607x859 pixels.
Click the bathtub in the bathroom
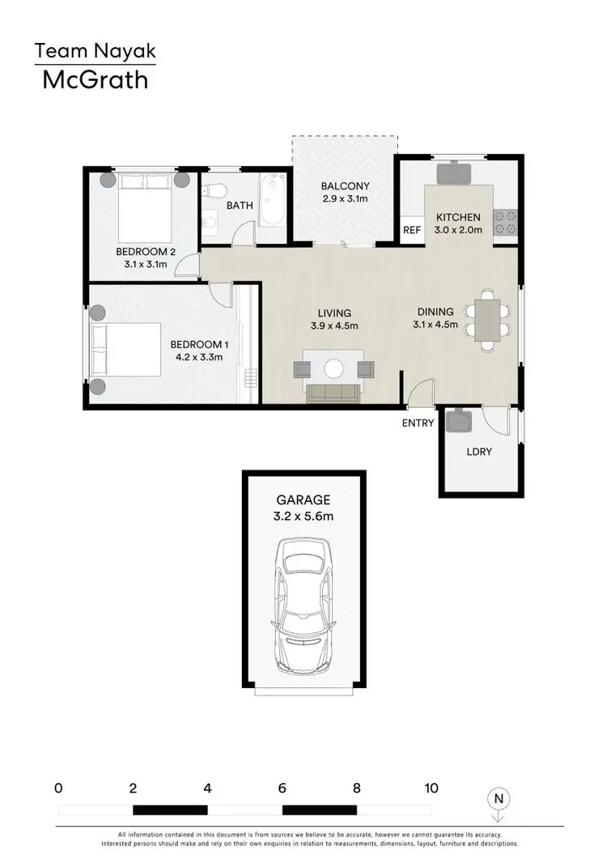pyautogui.click(x=270, y=205)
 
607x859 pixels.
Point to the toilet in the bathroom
pyautogui.click(x=214, y=193)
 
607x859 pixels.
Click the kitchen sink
pyautogui.click(x=454, y=173)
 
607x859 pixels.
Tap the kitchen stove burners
pyautogui.click(x=505, y=223)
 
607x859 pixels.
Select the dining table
pyautogui.click(x=486, y=321)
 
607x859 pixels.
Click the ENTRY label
pyautogui.click(x=418, y=423)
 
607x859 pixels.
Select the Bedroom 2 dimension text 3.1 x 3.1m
pyautogui.click(x=145, y=263)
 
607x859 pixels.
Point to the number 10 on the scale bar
pyautogui.click(x=431, y=788)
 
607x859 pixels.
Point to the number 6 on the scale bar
pyautogui.click(x=282, y=788)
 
